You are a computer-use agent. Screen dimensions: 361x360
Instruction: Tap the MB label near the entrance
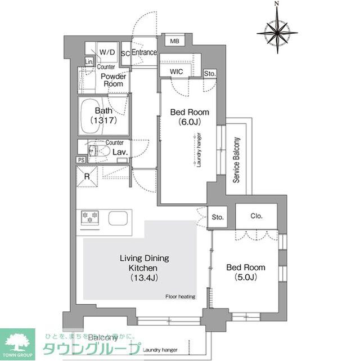pos(175,41)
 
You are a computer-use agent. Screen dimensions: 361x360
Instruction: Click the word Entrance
pos(144,52)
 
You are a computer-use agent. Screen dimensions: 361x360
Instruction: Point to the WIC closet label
pos(175,72)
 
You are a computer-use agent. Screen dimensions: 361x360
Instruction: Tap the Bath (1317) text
pos(103,115)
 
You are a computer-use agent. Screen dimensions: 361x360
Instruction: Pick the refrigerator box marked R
pos(88,176)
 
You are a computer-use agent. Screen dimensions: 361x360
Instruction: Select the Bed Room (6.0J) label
pos(186,117)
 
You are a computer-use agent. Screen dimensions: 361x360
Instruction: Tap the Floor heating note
pos(179,296)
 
